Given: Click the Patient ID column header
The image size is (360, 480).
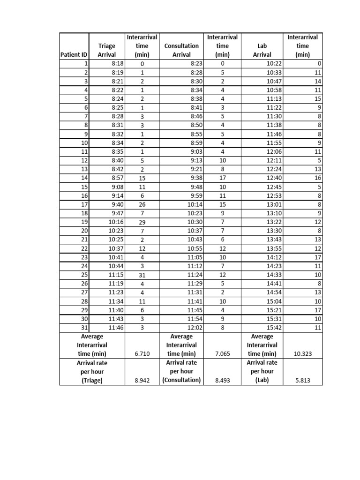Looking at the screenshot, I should click(74, 55).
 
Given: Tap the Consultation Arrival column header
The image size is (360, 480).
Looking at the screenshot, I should click(181, 50).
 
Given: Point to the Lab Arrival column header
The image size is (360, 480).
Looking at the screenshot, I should click(262, 50).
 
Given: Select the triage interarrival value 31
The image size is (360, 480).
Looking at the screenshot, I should click(142, 276).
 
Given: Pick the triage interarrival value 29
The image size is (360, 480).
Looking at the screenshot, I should click(142, 222).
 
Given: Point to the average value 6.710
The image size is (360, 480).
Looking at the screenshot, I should click(142, 354).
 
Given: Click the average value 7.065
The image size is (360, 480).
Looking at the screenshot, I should click(223, 354).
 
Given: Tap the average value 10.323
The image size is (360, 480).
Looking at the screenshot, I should click(303, 354).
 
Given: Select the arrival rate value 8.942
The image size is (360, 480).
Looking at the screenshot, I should click(142, 381).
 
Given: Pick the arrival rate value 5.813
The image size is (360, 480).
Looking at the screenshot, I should click(303, 381).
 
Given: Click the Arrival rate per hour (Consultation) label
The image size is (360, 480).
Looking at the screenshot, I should click(181, 371).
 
